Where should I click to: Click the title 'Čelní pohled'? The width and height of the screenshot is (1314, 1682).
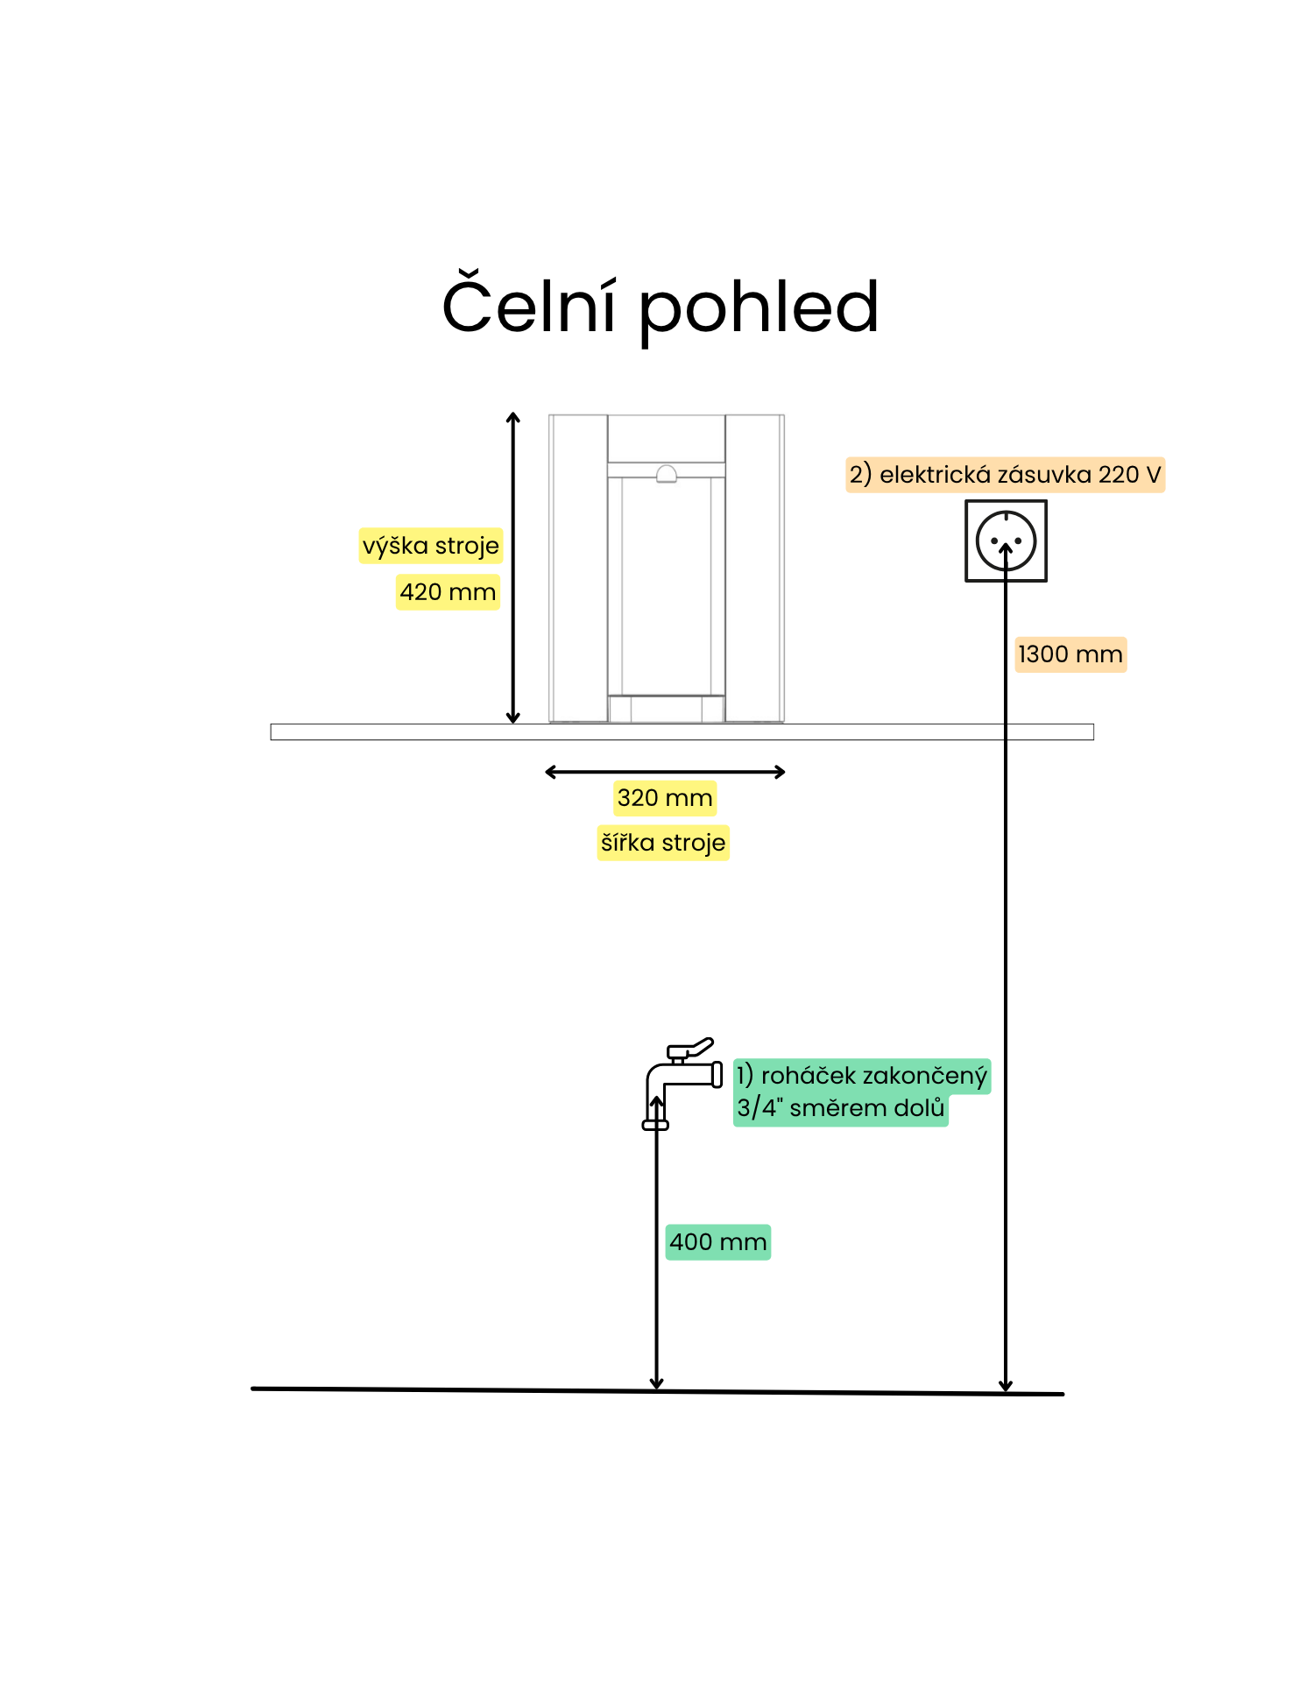coord(660,307)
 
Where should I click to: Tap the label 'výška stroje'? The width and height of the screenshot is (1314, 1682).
coord(431,546)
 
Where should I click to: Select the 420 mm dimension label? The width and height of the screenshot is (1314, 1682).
coord(448,592)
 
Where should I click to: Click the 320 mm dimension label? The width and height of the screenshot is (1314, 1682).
coord(665,798)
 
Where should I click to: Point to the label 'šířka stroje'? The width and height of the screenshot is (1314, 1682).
coord(663,843)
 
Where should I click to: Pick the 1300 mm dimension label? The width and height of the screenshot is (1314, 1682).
coord(1070,654)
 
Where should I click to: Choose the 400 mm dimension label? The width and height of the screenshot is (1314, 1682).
coord(718,1242)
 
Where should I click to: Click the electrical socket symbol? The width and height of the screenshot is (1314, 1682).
coord(1006,541)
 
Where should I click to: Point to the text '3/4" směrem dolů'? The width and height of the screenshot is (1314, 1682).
coord(841,1108)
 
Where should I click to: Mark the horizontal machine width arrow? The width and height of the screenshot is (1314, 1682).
coord(665,772)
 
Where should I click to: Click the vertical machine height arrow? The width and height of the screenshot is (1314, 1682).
coord(513,568)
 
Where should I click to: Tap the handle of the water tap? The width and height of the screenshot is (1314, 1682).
coord(692,1049)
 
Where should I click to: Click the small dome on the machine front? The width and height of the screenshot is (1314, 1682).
coord(667,474)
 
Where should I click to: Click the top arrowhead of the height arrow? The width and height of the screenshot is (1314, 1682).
coord(513,418)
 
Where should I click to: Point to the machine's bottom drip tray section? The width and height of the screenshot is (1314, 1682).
coord(667,709)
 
